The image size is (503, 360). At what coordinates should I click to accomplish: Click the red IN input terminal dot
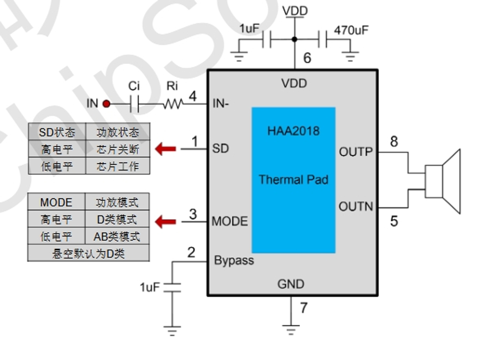(106, 104)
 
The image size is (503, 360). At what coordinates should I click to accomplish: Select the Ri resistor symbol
(172, 104)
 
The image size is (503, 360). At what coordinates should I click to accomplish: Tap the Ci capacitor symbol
(134, 104)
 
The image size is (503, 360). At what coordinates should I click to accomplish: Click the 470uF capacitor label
(351, 30)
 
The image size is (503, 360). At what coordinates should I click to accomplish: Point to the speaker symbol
(443, 181)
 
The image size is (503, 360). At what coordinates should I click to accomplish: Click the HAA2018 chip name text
(293, 131)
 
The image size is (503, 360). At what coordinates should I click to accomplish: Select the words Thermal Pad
(293, 180)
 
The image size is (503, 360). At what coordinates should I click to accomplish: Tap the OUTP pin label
(356, 152)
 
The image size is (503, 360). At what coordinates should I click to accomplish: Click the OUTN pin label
(356, 206)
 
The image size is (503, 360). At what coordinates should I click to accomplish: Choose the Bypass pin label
(234, 261)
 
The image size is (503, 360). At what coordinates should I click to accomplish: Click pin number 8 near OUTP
(394, 141)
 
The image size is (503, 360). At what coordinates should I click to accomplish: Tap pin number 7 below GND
(303, 308)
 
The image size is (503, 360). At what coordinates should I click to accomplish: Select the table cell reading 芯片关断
(117, 150)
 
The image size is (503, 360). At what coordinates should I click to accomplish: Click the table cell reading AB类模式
(117, 236)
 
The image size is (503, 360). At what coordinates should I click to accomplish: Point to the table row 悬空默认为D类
(89, 253)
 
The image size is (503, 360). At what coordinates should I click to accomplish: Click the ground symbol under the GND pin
(290, 330)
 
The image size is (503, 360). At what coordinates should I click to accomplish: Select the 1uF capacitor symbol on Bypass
(172, 287)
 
